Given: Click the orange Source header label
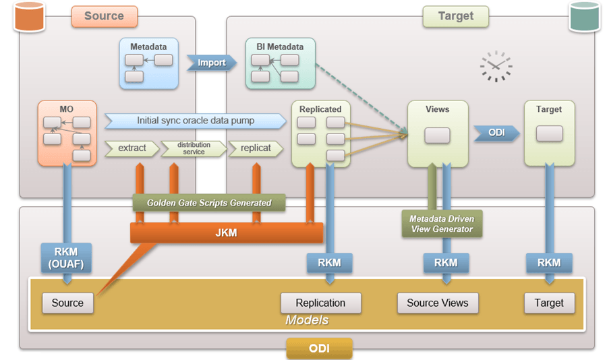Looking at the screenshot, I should [x=105, y=16].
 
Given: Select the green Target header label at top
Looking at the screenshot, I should [x=455, y=16].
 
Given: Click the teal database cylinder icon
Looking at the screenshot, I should [x=584, y=17].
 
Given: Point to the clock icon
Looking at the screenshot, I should [x=496, y=66].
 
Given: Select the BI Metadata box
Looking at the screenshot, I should [x=280, y=64].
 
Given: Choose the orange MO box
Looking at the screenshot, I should [x=67, y=133].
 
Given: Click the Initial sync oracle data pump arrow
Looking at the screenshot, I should [x=196, y=121].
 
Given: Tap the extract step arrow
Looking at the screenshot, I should [x=132, y=148].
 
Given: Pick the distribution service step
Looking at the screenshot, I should [x=194, y=148].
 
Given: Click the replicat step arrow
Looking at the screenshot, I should [x=255, y=148].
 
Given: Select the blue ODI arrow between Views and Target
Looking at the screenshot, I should [x=496, y=133].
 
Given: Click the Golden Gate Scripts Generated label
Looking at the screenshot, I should [x=209, y=202].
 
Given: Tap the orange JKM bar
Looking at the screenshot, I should [x=227, y=233].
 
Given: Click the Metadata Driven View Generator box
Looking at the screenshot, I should [x=442, y=224].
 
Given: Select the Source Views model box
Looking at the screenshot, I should [x=437, y=303].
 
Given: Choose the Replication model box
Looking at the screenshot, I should [x=320, y=303].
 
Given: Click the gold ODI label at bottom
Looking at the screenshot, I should [x=319, y=348].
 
